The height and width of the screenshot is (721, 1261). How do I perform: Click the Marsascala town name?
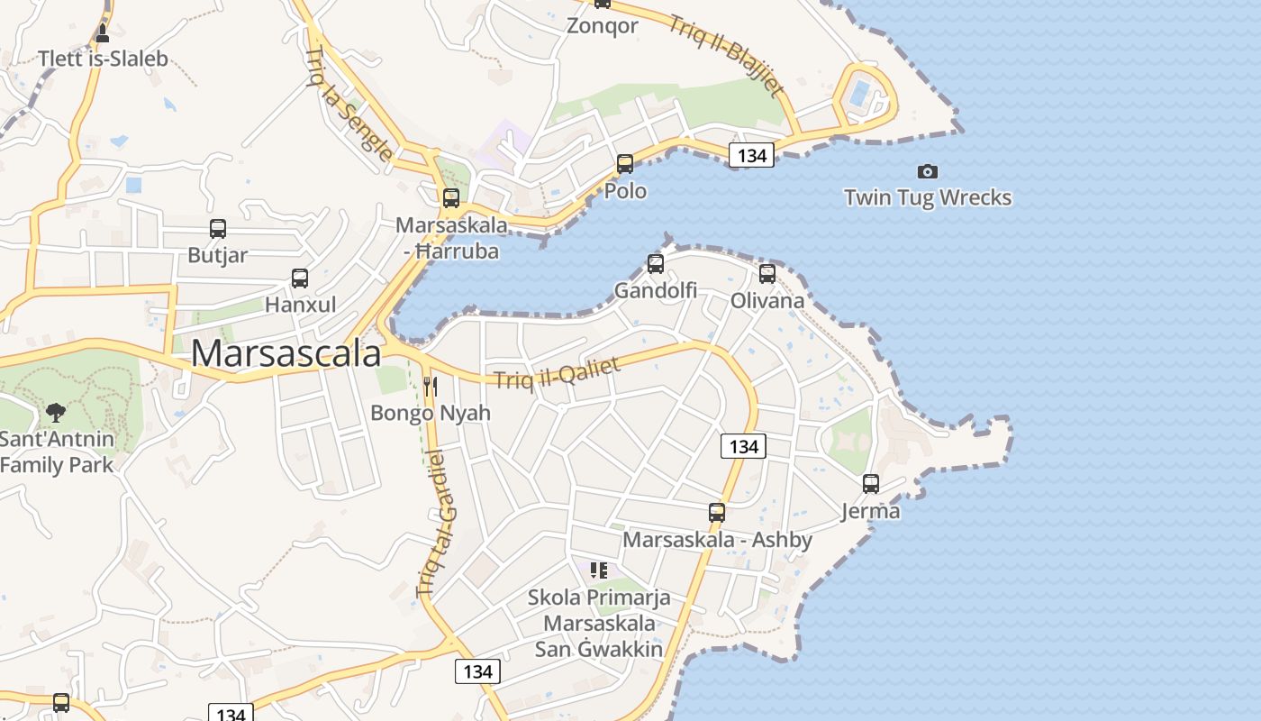click(286, 353)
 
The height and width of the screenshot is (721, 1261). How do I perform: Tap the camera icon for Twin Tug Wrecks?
click(927, 171)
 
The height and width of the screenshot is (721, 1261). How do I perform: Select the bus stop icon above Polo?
click(624, 164)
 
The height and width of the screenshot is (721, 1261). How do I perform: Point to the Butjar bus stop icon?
click(217, 229)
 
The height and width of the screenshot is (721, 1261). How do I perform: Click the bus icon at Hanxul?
click(300, 278)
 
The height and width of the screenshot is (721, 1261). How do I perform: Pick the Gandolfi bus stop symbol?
click(656, 264)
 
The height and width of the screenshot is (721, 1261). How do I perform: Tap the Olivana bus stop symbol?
click(767, 274)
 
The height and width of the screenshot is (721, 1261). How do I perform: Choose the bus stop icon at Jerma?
click(871, 484)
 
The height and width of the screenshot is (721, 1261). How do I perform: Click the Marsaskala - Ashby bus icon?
click(717, 513)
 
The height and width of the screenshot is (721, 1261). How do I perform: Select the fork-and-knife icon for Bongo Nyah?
click(431, 387)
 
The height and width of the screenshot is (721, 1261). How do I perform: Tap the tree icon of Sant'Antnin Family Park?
click(56, 414)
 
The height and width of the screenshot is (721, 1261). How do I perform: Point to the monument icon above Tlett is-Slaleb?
click(103, 33)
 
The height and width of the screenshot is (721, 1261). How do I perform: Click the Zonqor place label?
click(603, 25)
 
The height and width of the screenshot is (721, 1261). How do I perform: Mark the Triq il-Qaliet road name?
click(558, 374)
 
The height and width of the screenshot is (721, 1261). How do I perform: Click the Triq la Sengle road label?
click(349, 104)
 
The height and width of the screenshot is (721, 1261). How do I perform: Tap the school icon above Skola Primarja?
click(599, 570)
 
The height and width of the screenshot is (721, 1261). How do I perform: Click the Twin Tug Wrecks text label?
click(927, 197)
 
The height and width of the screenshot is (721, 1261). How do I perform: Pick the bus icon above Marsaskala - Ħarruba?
click(451, 198)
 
